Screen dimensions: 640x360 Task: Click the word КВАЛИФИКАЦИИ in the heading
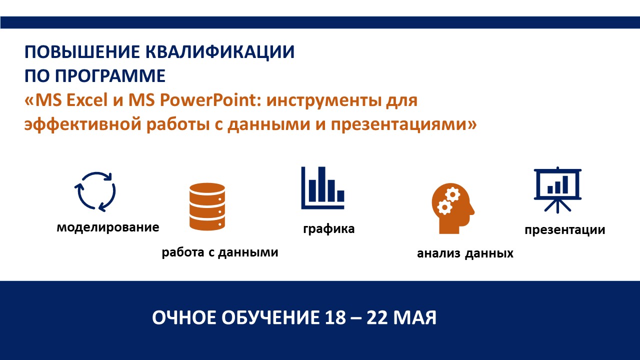(x=220, y=52)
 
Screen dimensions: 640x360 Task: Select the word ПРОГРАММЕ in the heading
(x=110, y=75)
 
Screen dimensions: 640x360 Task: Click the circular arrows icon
(x=95, y=191)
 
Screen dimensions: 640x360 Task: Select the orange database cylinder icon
(x=207, y=206)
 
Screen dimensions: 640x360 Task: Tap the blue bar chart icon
(x=323, y=187)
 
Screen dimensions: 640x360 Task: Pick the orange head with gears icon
(x=453, y=208)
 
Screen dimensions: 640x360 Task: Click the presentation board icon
(x=557, y=190)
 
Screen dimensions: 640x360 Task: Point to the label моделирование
(x=108, y=227)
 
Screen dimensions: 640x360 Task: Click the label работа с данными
(x=220, y=252)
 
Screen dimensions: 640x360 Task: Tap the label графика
(x=329, y=229)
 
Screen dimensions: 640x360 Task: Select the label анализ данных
(x=465, y=253)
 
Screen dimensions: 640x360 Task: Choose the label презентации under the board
(x=565, y=230)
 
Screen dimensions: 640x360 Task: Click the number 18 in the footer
(x=335, y=317)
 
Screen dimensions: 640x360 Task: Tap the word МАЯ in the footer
(x=414, y=317)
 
